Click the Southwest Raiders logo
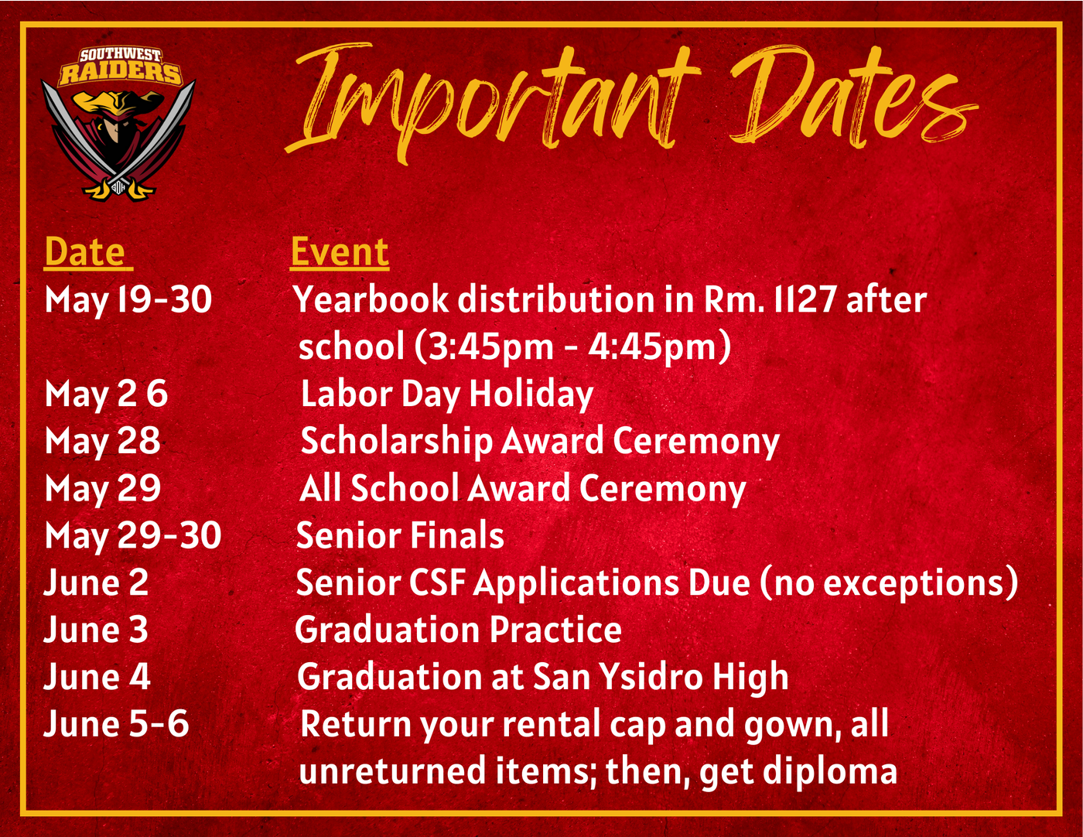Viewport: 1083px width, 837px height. point(118,123)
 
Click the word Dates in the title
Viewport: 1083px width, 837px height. point(853,99)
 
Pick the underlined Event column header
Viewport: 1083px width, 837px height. point(340,252)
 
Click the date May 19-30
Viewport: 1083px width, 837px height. point(128,301)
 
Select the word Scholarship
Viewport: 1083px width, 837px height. point(397,442)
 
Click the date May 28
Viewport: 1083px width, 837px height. point(103,442)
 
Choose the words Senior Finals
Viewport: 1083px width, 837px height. point(400,535)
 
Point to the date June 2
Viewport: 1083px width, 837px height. point(96,582)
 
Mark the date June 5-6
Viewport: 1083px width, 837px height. point(117,723)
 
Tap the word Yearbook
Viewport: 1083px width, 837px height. point(371,299)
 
